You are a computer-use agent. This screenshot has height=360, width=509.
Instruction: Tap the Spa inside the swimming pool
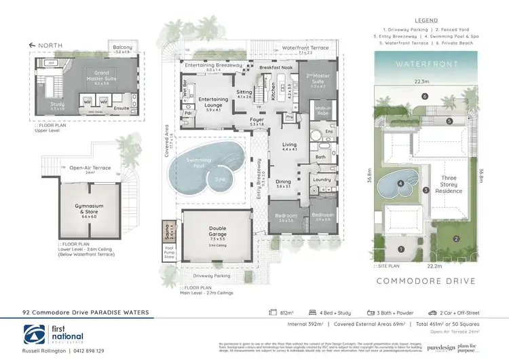[x=219, y=180]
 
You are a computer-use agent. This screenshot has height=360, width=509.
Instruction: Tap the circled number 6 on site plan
[x=424, y=96]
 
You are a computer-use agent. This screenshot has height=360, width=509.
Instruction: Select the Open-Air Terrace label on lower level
[x=91, y=166]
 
